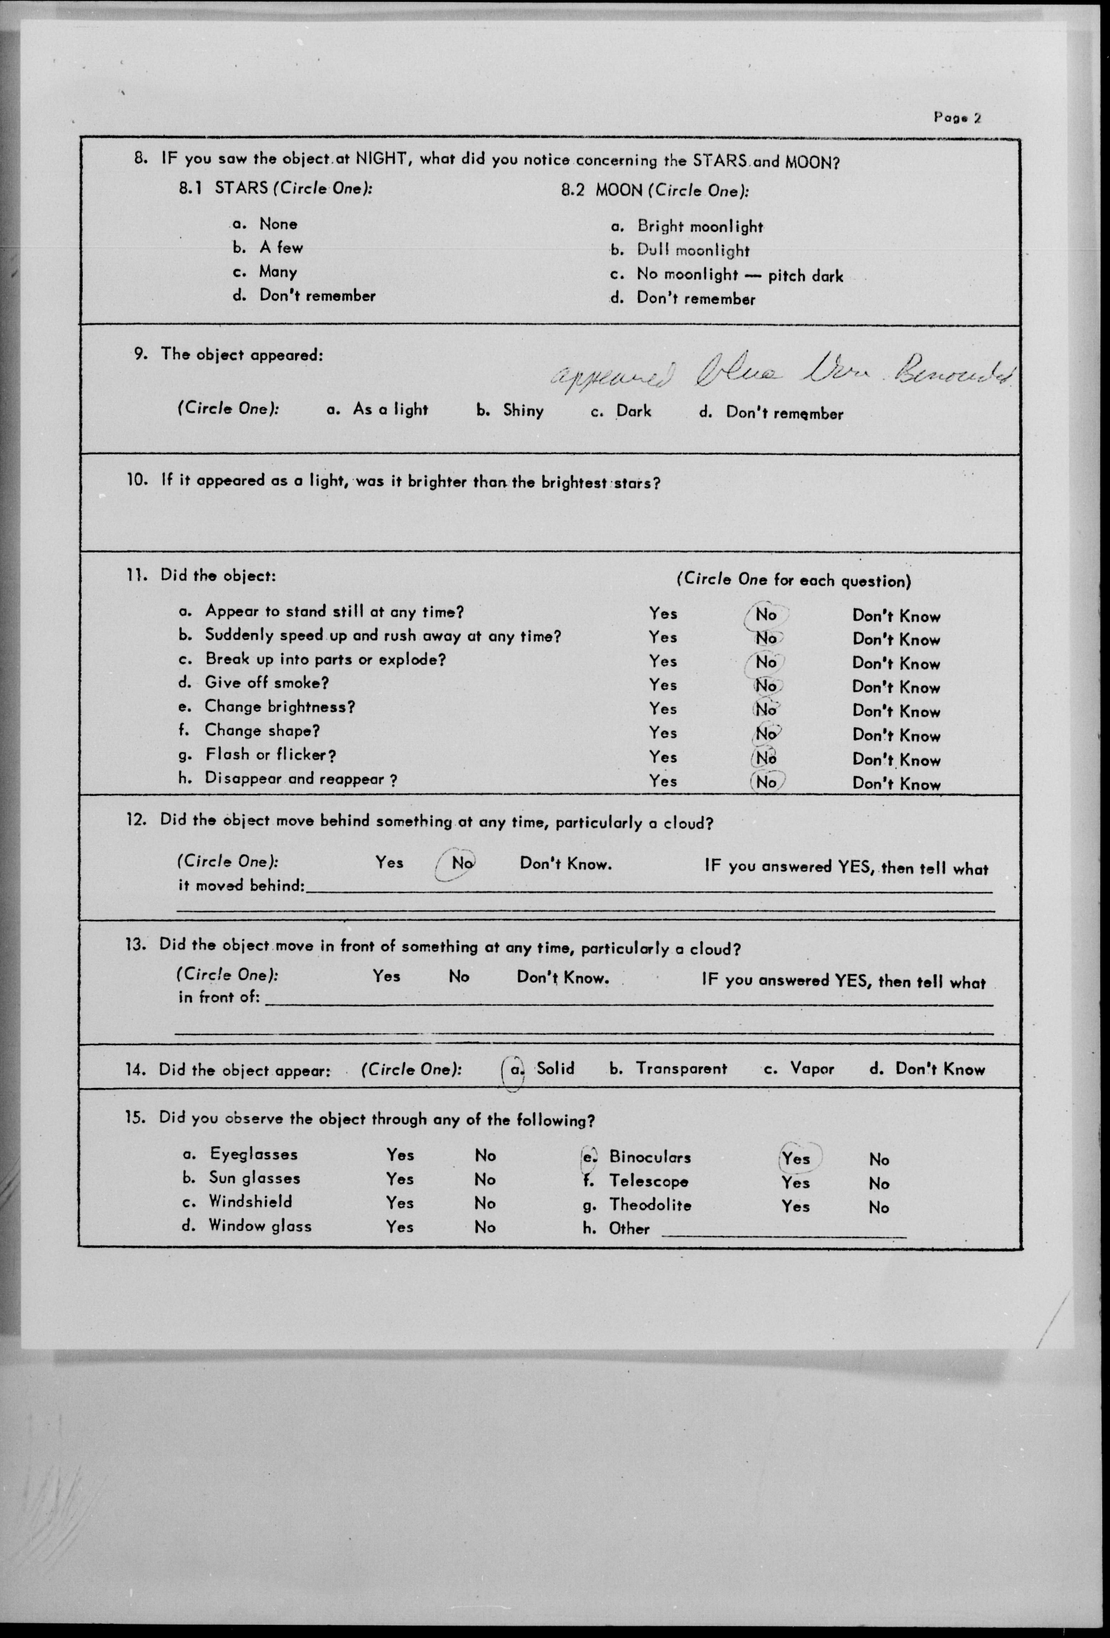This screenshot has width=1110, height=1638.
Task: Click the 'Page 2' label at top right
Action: tap(957, 118)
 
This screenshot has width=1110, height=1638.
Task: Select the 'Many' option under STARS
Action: tap(278, 272)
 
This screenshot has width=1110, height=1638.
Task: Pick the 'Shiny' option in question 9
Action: tap(523, 410)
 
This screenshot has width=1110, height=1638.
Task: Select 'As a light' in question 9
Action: tap(390, 409)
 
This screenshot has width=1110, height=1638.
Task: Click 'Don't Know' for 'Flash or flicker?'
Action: tap(895, 759)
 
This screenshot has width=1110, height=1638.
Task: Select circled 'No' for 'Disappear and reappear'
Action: tap(766, 782)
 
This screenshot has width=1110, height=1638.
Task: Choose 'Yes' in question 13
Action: tap(386, 976)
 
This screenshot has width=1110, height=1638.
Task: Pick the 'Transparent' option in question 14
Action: tap(681, 1069)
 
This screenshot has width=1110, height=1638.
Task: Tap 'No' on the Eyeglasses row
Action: tap(485, 1155)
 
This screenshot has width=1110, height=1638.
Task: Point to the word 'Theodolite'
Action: tap(650, 1205)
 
